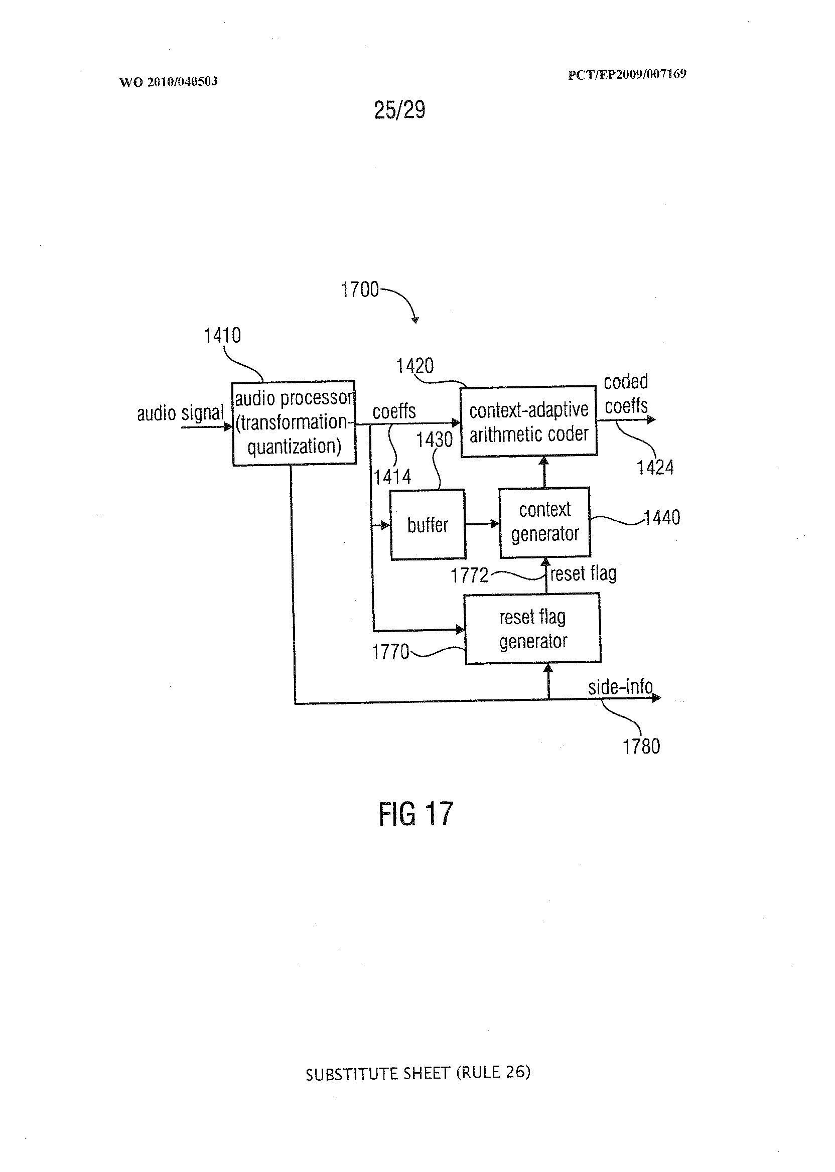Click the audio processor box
pos(294,423)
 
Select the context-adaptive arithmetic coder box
pos(528,421)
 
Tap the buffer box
pos(428,525)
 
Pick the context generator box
pos(545,522)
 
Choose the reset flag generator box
pos(533,629)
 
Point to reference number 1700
pos(359,290)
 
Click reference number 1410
pos(222,336)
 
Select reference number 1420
pos(414,366)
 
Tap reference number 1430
pos(434,439)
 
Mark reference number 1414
pos(392,478)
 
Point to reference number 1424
pos(655,468)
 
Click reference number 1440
pos(662,517)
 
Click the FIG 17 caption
pos(415,814)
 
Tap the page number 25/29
pos(399,110)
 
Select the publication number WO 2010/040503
pos(168,82)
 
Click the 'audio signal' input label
pos(180,413)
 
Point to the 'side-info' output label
pos(621,687)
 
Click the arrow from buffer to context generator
pos(482,524)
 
